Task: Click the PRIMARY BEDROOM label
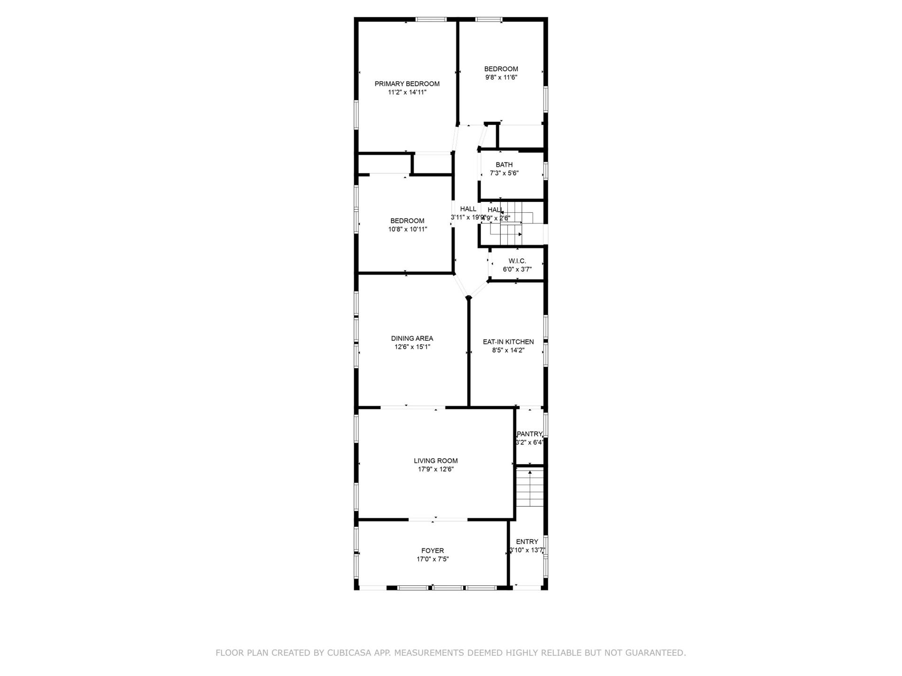coord(407,84)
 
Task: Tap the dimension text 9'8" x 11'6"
coord(501,77)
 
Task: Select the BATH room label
coord(504,165)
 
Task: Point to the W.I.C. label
coord(517,261)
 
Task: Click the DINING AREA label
coord(412,338)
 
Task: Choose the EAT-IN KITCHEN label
coord(508,342)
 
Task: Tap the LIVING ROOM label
coord(435,461)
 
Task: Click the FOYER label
coord(432,551)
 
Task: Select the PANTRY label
coord(529,434)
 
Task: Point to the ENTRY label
coord(527,542)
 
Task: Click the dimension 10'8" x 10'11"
coord(407,230)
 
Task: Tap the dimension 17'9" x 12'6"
coord(435,469)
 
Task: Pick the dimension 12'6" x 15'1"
coord(412,347)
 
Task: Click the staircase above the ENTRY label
coord(530,488)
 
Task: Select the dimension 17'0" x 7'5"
coord(432,559)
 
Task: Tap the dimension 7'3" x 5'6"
coord(504,173)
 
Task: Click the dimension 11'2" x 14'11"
coord(407,92)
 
